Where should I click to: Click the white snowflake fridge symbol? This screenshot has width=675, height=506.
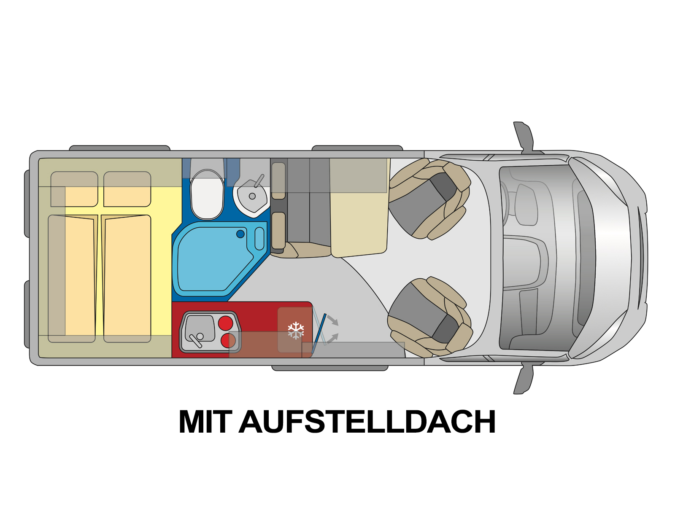[x=296, y=330]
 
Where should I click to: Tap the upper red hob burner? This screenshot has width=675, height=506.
[x=225, y=323]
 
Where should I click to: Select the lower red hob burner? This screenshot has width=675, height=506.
[x=228, y=340]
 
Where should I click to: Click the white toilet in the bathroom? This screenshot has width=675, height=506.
[x=207, y=194]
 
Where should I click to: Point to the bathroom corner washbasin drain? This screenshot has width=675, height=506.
[x=252, y=196]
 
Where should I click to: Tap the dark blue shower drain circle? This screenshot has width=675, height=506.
[x=240, y=234]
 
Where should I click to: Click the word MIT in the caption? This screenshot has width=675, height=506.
[x=205, y=421]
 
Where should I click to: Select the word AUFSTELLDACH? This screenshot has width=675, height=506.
[x=367, y=421]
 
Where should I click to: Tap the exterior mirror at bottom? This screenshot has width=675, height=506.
[x=523, y=379]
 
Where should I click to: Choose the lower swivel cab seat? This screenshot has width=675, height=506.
[x=429, y=316]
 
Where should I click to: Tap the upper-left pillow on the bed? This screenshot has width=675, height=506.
[x=74, y=189]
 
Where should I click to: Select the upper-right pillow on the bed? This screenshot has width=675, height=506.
[x=127, y=189]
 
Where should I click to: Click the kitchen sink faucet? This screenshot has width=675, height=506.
[x=196, y=340]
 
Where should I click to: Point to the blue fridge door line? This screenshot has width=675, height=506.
[x=319, y=334]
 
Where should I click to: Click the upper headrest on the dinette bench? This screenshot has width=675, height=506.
[x=278, y=181]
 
